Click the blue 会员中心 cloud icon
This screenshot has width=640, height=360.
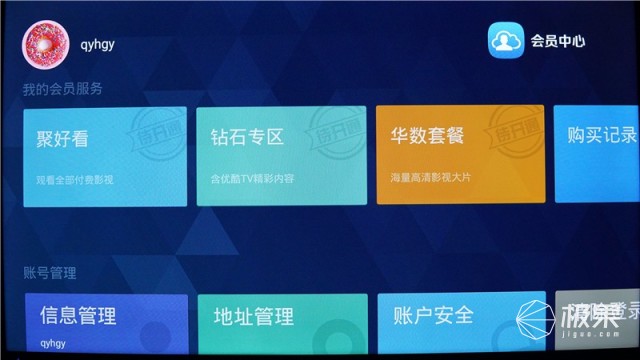pos(506,41)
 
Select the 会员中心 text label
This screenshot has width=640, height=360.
pos(557,42)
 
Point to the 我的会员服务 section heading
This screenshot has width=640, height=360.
pos(63,90)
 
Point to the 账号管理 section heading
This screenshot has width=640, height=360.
pos(50,272)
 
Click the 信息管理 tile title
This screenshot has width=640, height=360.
pos(78,317)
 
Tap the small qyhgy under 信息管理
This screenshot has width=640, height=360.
pos(53,342)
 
